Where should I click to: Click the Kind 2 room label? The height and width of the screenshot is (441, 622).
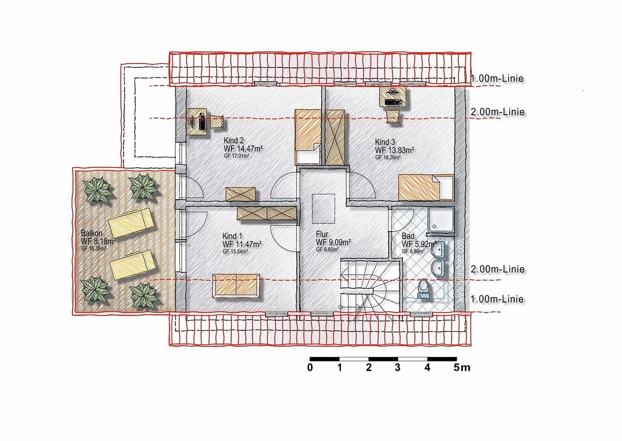(233, 140)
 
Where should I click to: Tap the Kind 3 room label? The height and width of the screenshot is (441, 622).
(385, 142)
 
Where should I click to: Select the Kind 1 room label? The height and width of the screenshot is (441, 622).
(232, 236)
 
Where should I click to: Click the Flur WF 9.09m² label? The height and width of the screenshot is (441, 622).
(333, 243)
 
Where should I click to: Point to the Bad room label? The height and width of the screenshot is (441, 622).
(408, 236)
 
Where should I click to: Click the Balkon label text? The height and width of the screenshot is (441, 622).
(91, 233)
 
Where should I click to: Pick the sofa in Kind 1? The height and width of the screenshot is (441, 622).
(236, 286)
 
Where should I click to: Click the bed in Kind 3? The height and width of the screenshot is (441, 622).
(426, 187)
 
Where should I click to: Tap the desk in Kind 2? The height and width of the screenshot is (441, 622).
(197, 121)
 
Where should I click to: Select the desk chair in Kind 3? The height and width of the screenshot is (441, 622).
(393, 116)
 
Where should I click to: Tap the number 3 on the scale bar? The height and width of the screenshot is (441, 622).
(398, 367)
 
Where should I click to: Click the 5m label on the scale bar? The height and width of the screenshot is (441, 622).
(462, 367)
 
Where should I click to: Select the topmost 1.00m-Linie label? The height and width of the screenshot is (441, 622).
(497, 79)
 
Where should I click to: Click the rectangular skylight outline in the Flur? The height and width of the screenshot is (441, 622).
(324, 209)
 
